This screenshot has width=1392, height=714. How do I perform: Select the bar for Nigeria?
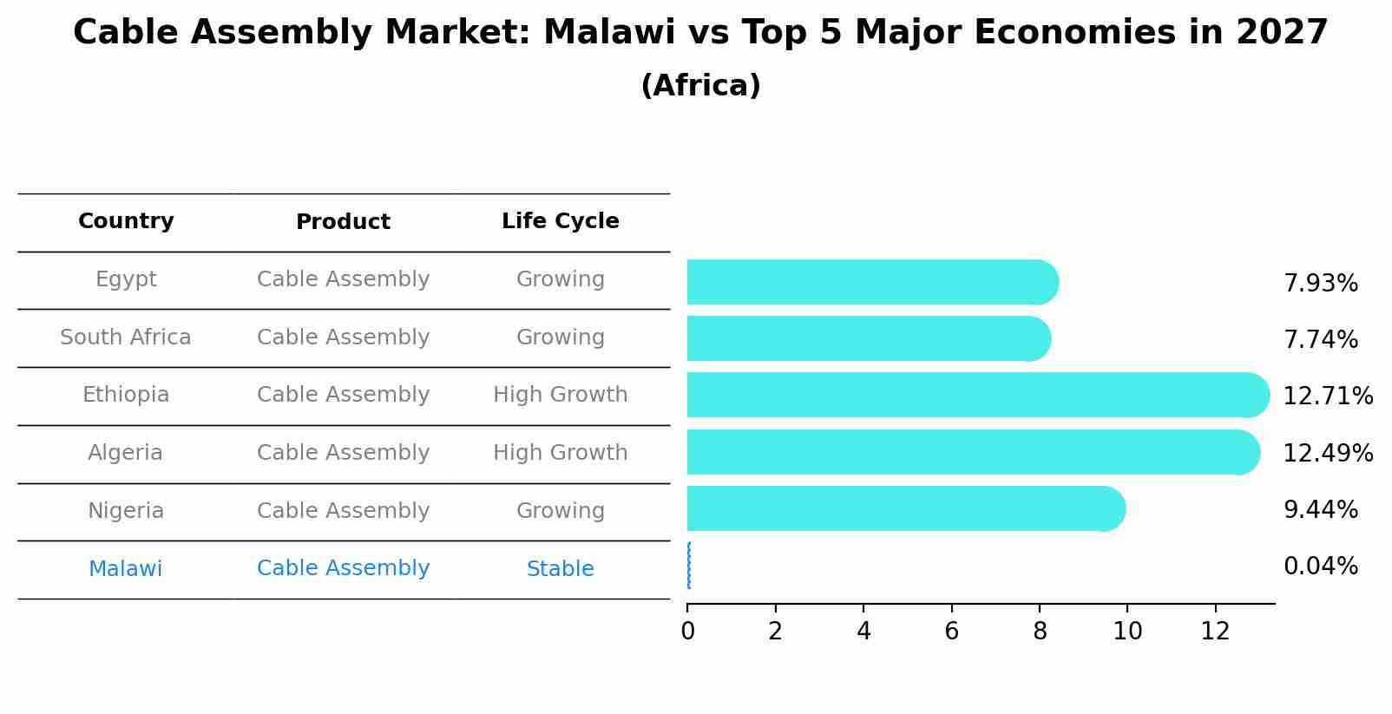[903, 509]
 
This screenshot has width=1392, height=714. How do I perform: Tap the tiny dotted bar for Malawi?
[689, 566]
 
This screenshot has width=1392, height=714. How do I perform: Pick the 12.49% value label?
[1328, 453]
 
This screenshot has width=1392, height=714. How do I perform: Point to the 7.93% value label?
[1320, 284]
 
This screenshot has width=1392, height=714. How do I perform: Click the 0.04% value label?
[1320, 567]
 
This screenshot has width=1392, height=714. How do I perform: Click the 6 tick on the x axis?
[951, 632]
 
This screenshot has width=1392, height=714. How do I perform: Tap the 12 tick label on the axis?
[1215, 632]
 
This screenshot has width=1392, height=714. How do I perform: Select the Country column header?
[126, 221]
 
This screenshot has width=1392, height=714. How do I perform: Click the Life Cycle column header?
[560, 221]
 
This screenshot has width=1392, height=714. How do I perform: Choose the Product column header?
[343, 222]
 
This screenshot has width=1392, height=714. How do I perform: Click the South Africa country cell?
[126, 337]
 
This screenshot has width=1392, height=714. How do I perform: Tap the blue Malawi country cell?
[126, 569]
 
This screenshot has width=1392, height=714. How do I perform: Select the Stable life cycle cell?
[560, 569]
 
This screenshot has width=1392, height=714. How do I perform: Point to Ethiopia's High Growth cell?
[560, 395]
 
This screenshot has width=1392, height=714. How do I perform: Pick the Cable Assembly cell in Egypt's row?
[343, 279]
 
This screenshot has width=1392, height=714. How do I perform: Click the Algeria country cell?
[126, 453]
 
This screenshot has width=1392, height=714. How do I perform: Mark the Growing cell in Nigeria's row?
[560, 511]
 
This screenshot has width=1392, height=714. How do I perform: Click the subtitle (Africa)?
[700, 86]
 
